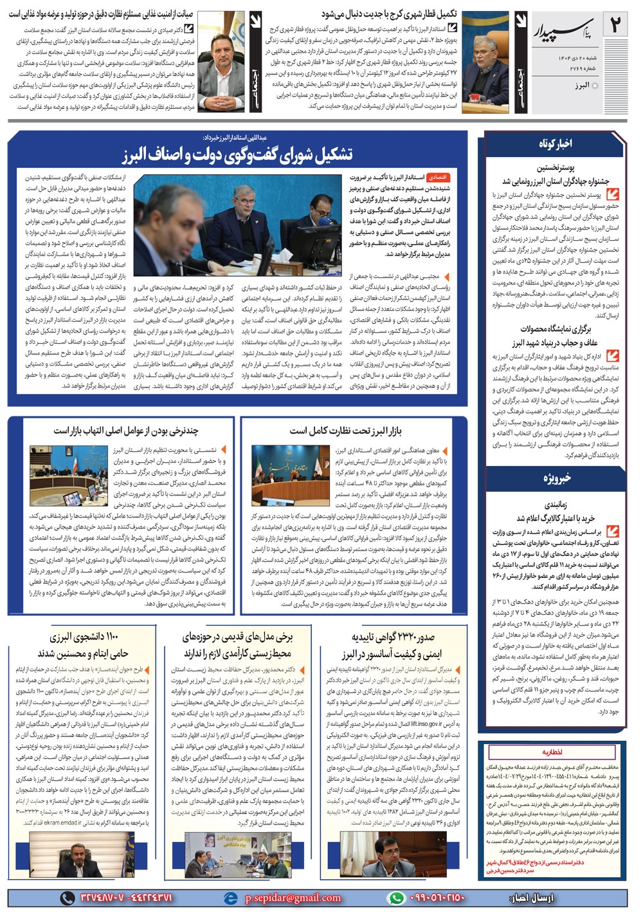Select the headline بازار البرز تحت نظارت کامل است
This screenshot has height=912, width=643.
point(345,430)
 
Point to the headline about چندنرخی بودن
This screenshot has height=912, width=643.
point(126,430)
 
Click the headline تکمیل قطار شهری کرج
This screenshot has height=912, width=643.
point(389,14)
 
